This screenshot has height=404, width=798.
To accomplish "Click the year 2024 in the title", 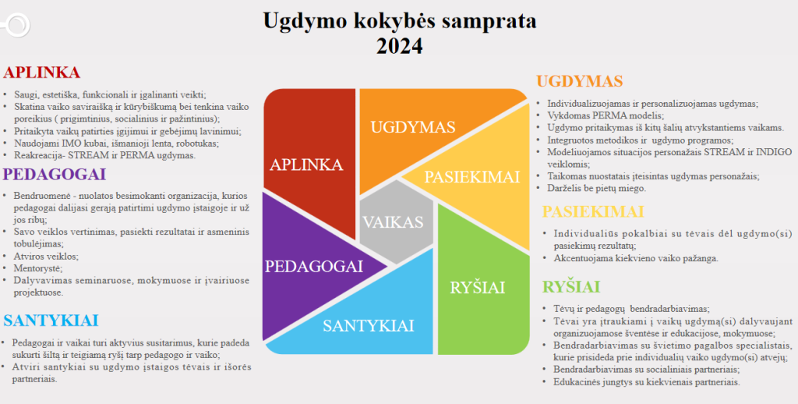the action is [400, 46].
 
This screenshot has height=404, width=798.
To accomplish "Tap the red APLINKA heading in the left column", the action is [42, 73].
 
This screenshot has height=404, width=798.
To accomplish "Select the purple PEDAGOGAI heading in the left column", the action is [55, 174].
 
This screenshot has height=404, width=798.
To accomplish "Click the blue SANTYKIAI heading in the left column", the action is [51, 321].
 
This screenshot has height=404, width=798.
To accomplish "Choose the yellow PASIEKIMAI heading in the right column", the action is [593, 211].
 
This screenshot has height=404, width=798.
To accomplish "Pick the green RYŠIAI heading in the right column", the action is [571, 287].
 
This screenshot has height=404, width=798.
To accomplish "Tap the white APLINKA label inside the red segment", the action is [306, 165].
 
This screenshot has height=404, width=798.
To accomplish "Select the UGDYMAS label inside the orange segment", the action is [413, 127].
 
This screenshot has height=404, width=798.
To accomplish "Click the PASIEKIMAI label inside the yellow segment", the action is [471, 177].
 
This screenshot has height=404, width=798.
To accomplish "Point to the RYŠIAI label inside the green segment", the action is [478, 287].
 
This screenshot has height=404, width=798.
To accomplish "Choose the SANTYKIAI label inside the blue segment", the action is [369, 325].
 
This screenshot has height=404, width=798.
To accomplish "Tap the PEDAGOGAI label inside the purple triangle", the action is [314, 267].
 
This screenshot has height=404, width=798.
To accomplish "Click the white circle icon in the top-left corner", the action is [17, 24].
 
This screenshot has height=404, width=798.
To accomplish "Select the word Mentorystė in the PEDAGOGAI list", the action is [38, 268].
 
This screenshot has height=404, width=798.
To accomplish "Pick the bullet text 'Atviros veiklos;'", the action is [46, 257].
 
